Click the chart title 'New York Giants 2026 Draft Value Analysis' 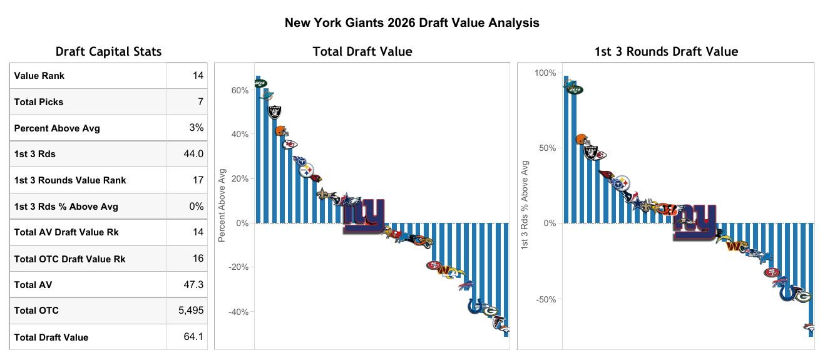(412, 23)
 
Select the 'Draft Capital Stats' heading (108, 51)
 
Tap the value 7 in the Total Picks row (198, 101)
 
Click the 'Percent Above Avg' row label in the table (57, 128)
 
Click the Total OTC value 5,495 (191, 311)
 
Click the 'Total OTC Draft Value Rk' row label (69, 259)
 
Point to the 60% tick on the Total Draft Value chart (240, 90)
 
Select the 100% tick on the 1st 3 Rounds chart (545, 73)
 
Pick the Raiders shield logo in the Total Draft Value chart (275, 112)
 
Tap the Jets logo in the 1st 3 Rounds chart (574, 90)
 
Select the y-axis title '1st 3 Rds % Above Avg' (525, 206)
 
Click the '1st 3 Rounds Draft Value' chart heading (666, 51)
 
